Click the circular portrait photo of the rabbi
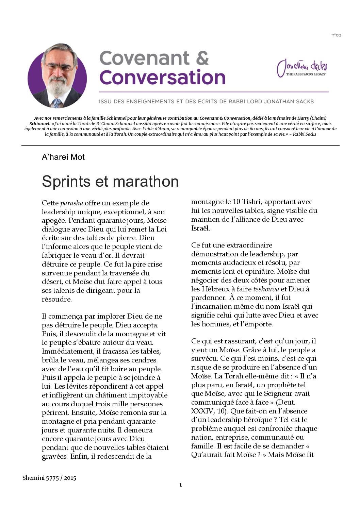(x=57, y=75)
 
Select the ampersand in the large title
(x=202, y=58)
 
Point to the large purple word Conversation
(x=162, y=78)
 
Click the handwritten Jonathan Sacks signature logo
(x=301, y=68)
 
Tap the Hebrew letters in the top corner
(x=336, y=35)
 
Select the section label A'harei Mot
(x=63, y=157)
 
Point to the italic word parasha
(x=71, y=203)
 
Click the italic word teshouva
(x=266, y=289)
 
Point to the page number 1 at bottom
(x=180, y=485)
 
